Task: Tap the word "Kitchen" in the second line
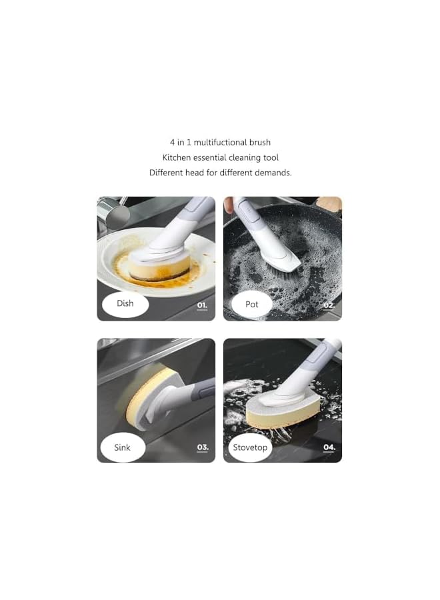click(177, 157)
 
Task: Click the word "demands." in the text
click(275, 173)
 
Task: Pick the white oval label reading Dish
click(125, 304)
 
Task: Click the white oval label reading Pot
click(251, 305)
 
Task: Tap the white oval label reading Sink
click(123, 447)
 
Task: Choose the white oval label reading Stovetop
click(250, 447)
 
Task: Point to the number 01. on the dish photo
click(202, 306)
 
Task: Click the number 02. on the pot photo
click(329, 306)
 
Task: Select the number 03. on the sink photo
click(202, 447)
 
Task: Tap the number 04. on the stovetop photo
click(329, 447)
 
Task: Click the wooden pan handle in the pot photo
click(332, 203)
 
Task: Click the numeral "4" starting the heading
click(172, 142)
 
